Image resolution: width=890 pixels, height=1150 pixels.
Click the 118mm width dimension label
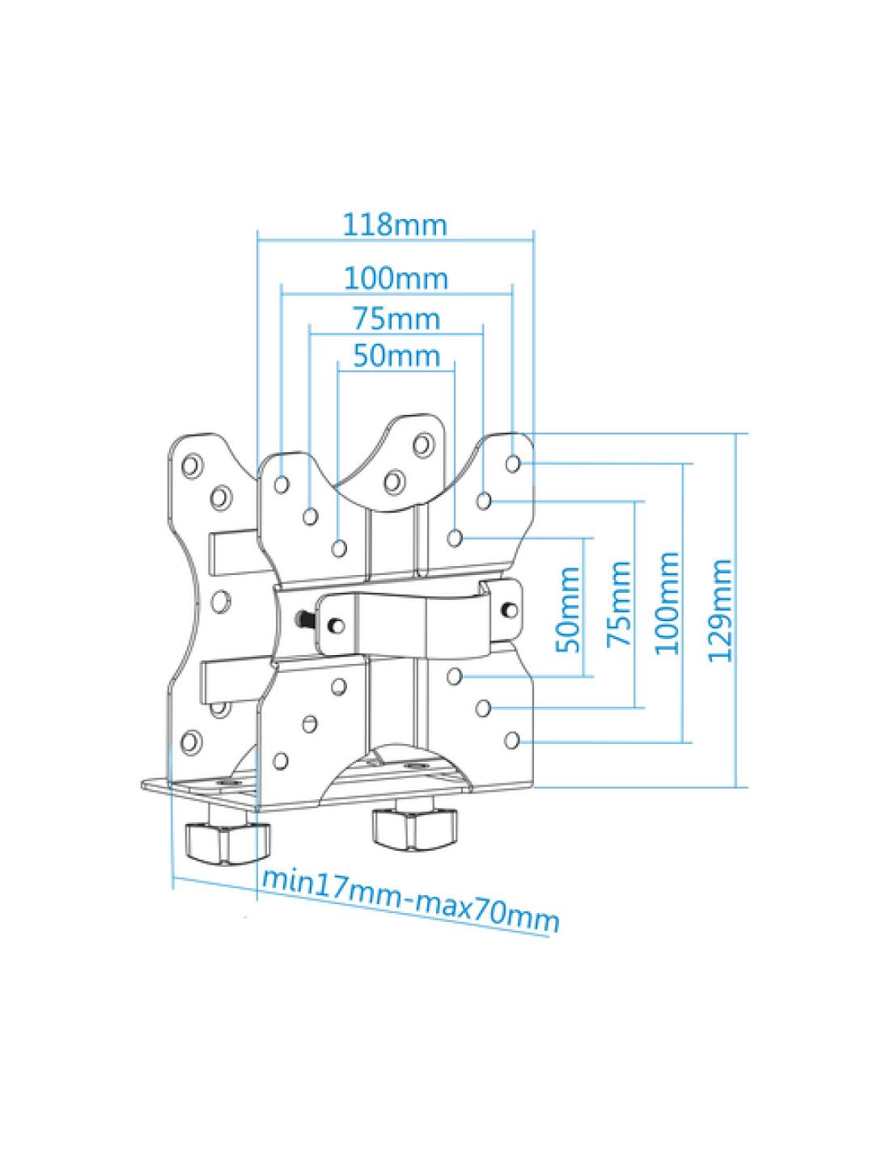[395, 223]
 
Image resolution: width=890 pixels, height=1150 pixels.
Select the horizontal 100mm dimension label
[396, 278]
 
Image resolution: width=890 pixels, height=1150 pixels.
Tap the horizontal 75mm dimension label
[396, 319]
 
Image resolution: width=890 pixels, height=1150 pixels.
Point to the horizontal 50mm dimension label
[396, 355]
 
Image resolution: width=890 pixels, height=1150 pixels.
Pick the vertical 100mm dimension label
[668, 602]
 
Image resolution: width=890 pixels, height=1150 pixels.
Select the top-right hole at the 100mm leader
[513, 463]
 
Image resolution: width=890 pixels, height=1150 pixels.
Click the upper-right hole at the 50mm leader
[456, 536]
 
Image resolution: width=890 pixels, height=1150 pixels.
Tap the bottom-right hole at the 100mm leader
[513, 739]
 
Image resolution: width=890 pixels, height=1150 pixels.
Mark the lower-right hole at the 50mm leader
[456, 675]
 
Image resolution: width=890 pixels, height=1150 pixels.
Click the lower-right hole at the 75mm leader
[483, 708]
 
